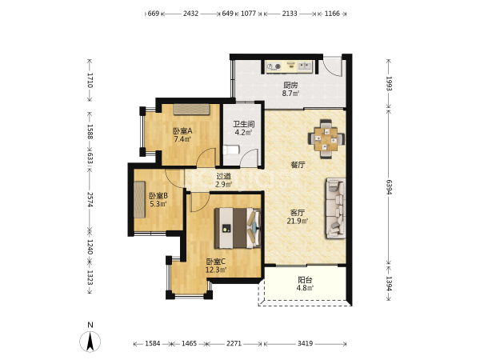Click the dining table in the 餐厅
click(x=326, y=139)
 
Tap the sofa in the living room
click(x=335, y=208)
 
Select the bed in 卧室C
click(x=238, y=228)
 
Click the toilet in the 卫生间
click(x=231, y=150)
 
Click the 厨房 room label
click(x=290, y=85)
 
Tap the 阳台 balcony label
click(x=305, y=280)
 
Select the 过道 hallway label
click(x=223, y=176)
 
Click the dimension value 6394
click(x=389, y=186)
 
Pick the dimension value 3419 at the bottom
click(x=306, y=343)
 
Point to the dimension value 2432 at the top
click(x=190, y=14)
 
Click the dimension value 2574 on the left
click(x=90, y=199)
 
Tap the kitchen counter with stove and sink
click(x=290, y=66)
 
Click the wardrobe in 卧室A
click(x=192, y=110)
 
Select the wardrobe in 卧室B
click(x=139, y=199)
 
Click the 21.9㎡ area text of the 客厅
click(x=298, y=221)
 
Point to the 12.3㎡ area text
click(x=216, y=270)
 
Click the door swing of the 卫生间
click(x=249, y=158)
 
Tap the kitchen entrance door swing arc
click(x=333, y=66)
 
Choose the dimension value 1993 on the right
click(x=389, y=83)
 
